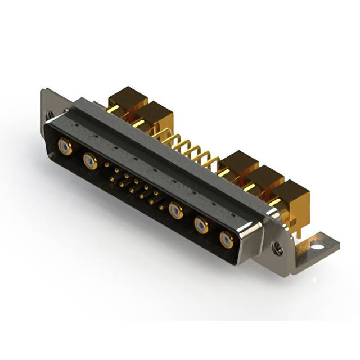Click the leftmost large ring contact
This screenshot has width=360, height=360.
65,148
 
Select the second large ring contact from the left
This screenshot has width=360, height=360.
90,161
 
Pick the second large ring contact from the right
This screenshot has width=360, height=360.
201,226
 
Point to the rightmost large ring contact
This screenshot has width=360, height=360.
227,240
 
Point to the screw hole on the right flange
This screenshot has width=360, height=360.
276,245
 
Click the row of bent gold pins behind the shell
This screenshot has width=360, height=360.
191,150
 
